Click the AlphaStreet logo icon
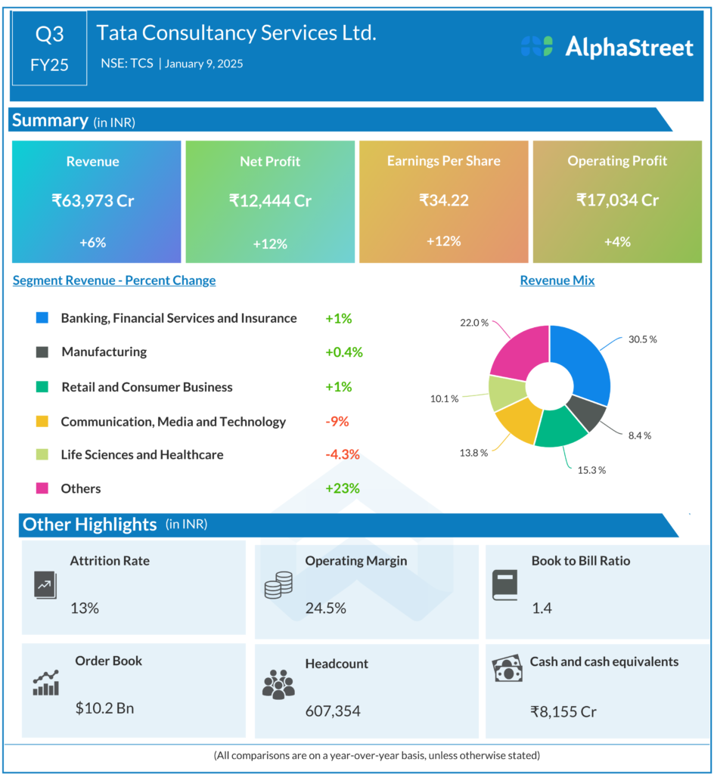536,47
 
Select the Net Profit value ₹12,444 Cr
270,200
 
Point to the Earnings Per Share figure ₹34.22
443,200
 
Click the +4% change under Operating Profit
617,242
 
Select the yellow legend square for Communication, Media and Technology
42,422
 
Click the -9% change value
337,421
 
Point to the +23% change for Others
343,488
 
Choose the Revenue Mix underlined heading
557,280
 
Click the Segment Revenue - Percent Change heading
114,280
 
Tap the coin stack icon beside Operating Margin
278,586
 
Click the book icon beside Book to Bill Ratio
504,584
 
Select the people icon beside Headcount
278,683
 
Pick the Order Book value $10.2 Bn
104,708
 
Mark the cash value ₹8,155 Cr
563,711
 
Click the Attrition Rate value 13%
85,607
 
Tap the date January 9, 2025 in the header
203,64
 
